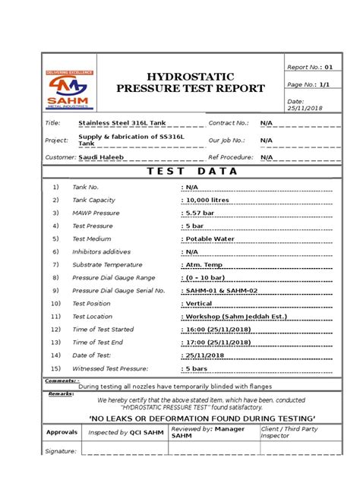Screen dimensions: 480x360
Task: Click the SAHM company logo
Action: (x=68, y=87)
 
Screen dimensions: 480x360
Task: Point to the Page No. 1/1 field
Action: (x=307, y=86)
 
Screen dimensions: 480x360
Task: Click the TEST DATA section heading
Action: (x=181, y=171)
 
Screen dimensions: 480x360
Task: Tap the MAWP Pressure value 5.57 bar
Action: (x=201, y=213)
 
